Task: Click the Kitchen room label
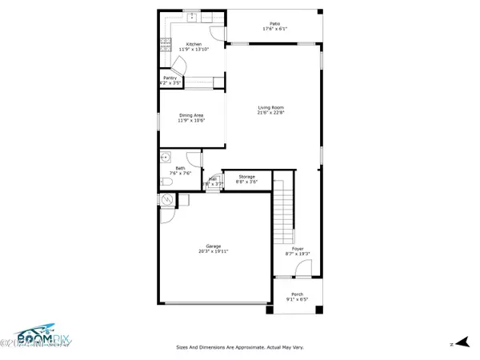(x=193, y=44)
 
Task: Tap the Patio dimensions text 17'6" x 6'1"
(x=274, y=30)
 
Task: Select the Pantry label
(x=170, y=78)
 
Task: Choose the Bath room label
(x=180, y=168)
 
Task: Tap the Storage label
(x=246, y=176)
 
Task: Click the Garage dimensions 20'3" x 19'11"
(x=214, y=251)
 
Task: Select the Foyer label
(x=297, y=249)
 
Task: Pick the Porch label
(x=297, y=294)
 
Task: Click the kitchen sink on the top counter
(x=193, y=17)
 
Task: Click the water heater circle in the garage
(x=167, y=200)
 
